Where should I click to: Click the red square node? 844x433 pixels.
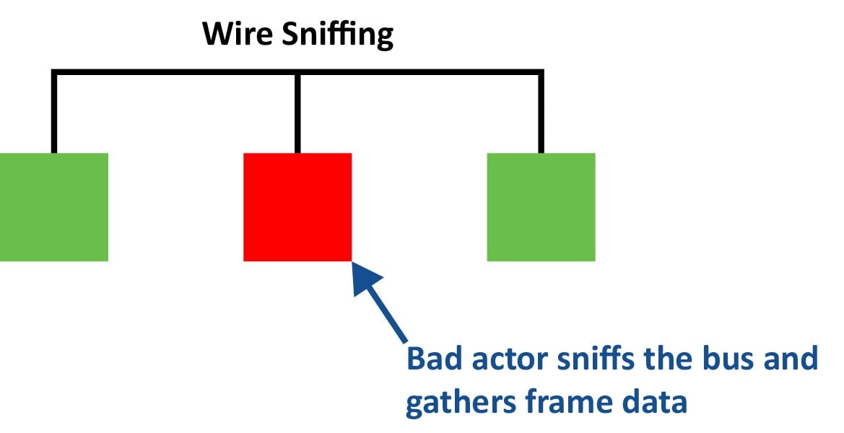pyautogui.click(x=297, y=206)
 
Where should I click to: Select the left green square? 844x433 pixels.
pyautogui.click(x=53, y=206)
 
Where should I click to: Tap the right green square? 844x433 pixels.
pyautogui.click(x=541, y=206)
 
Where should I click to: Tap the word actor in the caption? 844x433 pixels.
pyautogui.click(x=510, y=359)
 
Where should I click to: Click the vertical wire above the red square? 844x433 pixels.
pyautogui.click(x=297, y=113)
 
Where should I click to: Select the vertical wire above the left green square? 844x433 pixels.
pyautogui.click(x=53, y=113)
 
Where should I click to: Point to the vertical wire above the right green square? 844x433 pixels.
pyautogui.click(x=541, y=113)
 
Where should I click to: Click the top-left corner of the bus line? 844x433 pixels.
pyautogui.click(x=53, y=73)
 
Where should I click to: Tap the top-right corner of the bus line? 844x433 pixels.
pyautogui.click(x=541, y=73)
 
